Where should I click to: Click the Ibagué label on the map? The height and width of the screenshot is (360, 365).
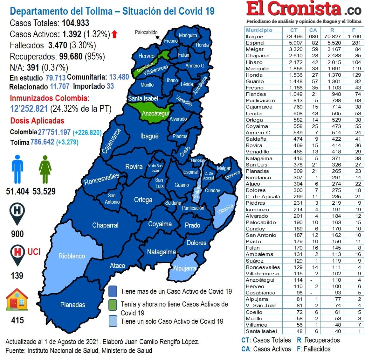(149, 136)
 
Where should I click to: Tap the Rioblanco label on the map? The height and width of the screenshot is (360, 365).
(72, 256)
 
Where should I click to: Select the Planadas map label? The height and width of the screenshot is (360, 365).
(72, 305)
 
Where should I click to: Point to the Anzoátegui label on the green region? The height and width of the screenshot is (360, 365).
(155, 113)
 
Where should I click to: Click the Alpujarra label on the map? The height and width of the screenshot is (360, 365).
(184, 268)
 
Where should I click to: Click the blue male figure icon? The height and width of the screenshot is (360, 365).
(17, 169)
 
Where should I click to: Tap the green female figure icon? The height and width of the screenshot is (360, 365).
(45, 169)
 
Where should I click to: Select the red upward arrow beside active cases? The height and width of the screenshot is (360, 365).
(115, 34)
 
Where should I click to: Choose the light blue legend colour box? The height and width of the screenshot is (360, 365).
(113, 321)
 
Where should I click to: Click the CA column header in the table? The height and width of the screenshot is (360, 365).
(313, 30)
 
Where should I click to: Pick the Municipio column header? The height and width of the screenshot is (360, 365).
(259, 30)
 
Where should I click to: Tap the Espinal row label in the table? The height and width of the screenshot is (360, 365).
(255, 43)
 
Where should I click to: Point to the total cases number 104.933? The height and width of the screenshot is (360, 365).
(75, 23)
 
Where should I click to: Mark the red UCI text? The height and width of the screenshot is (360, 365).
(34, 252)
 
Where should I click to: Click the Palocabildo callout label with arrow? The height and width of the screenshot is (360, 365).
(146, 32)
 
